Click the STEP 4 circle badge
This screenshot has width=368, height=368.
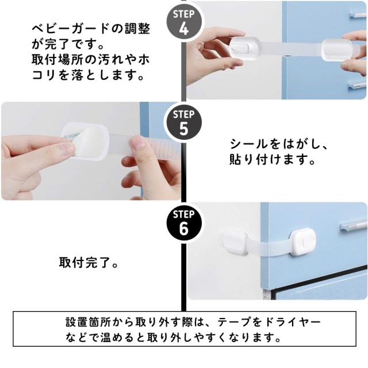click(x=184, y=23)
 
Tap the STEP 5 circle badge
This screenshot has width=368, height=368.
click(x=184, y=123)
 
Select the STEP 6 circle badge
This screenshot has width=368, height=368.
click(x=184, y=223)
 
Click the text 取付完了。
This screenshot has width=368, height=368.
click(x=89, y=262)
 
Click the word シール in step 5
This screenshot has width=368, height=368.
click(x=248, y=144)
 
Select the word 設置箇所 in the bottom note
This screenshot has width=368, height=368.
click(x=89, y=322)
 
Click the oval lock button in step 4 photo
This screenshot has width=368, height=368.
click(x=239, y=49)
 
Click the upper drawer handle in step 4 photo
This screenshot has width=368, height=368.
click(x=357, y=15)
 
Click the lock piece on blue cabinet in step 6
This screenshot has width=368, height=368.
click(x=303, y=243)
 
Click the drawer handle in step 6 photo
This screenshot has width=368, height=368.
click(x=354, y=225)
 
